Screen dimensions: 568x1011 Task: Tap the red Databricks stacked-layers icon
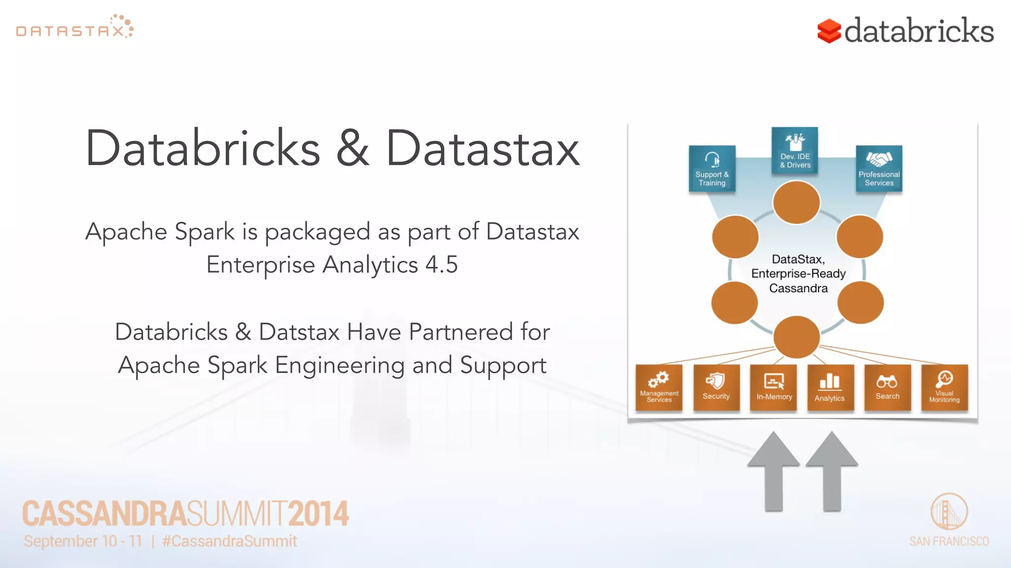(829, 31)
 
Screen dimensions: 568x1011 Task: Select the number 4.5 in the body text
(441, 265)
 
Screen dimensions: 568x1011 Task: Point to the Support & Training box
(712, 169)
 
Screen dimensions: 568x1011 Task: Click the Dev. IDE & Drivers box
(795, 151)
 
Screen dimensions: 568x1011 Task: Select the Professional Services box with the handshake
(879, 169)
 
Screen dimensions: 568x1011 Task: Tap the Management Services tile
(659, 388)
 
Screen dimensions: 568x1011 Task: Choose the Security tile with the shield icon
(716, 388)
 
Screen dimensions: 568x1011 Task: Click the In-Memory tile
(774, 388)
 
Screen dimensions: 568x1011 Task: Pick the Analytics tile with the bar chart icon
(830, 388)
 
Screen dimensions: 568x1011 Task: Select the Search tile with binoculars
(887, 388)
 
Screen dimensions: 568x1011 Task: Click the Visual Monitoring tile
(944, 388)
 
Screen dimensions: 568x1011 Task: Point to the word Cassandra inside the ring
(798, 288)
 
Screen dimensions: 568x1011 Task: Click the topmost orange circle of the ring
(796, 203)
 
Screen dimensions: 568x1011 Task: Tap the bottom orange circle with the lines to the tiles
(796, 337)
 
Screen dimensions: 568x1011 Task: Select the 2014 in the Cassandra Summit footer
(318, 514)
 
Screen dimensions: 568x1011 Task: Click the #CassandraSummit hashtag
(230, 541)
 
